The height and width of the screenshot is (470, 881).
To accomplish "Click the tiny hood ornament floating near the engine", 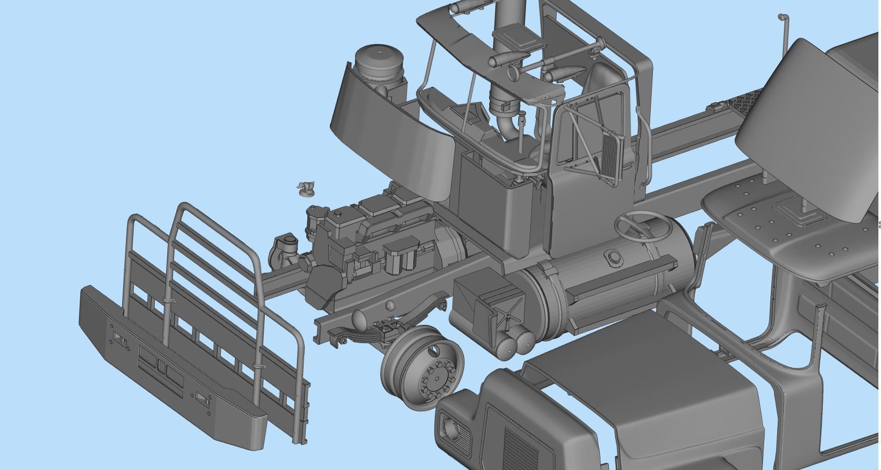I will (305, 188).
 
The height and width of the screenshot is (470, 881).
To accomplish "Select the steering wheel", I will (642, 226).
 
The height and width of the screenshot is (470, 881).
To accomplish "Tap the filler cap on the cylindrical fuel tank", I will (614, 257).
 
